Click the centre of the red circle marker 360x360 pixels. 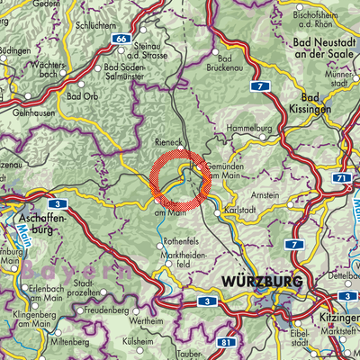(180, 180)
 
